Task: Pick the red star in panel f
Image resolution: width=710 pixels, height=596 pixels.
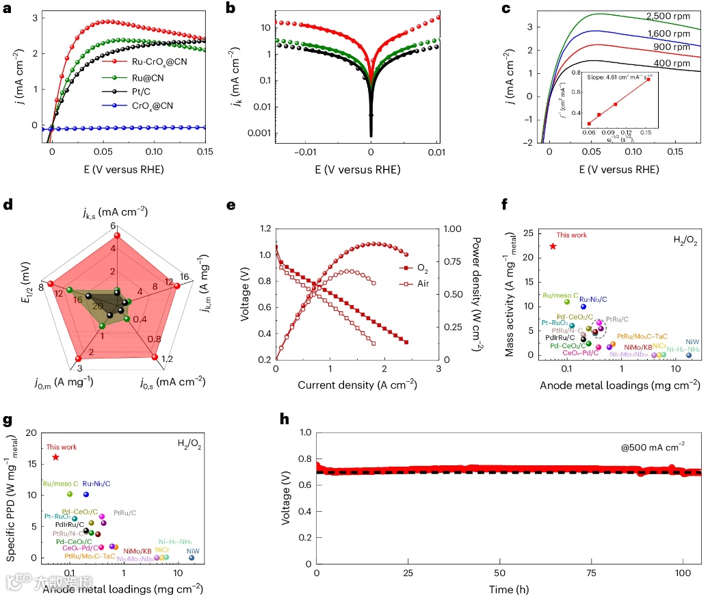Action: [553, 246]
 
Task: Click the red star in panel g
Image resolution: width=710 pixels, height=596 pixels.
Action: [55, 457]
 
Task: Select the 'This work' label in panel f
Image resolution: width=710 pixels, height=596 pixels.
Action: [571, 235]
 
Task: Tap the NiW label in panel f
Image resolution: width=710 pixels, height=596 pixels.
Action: [692, 341]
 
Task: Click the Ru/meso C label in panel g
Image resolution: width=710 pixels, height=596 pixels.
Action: [60, 483]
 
